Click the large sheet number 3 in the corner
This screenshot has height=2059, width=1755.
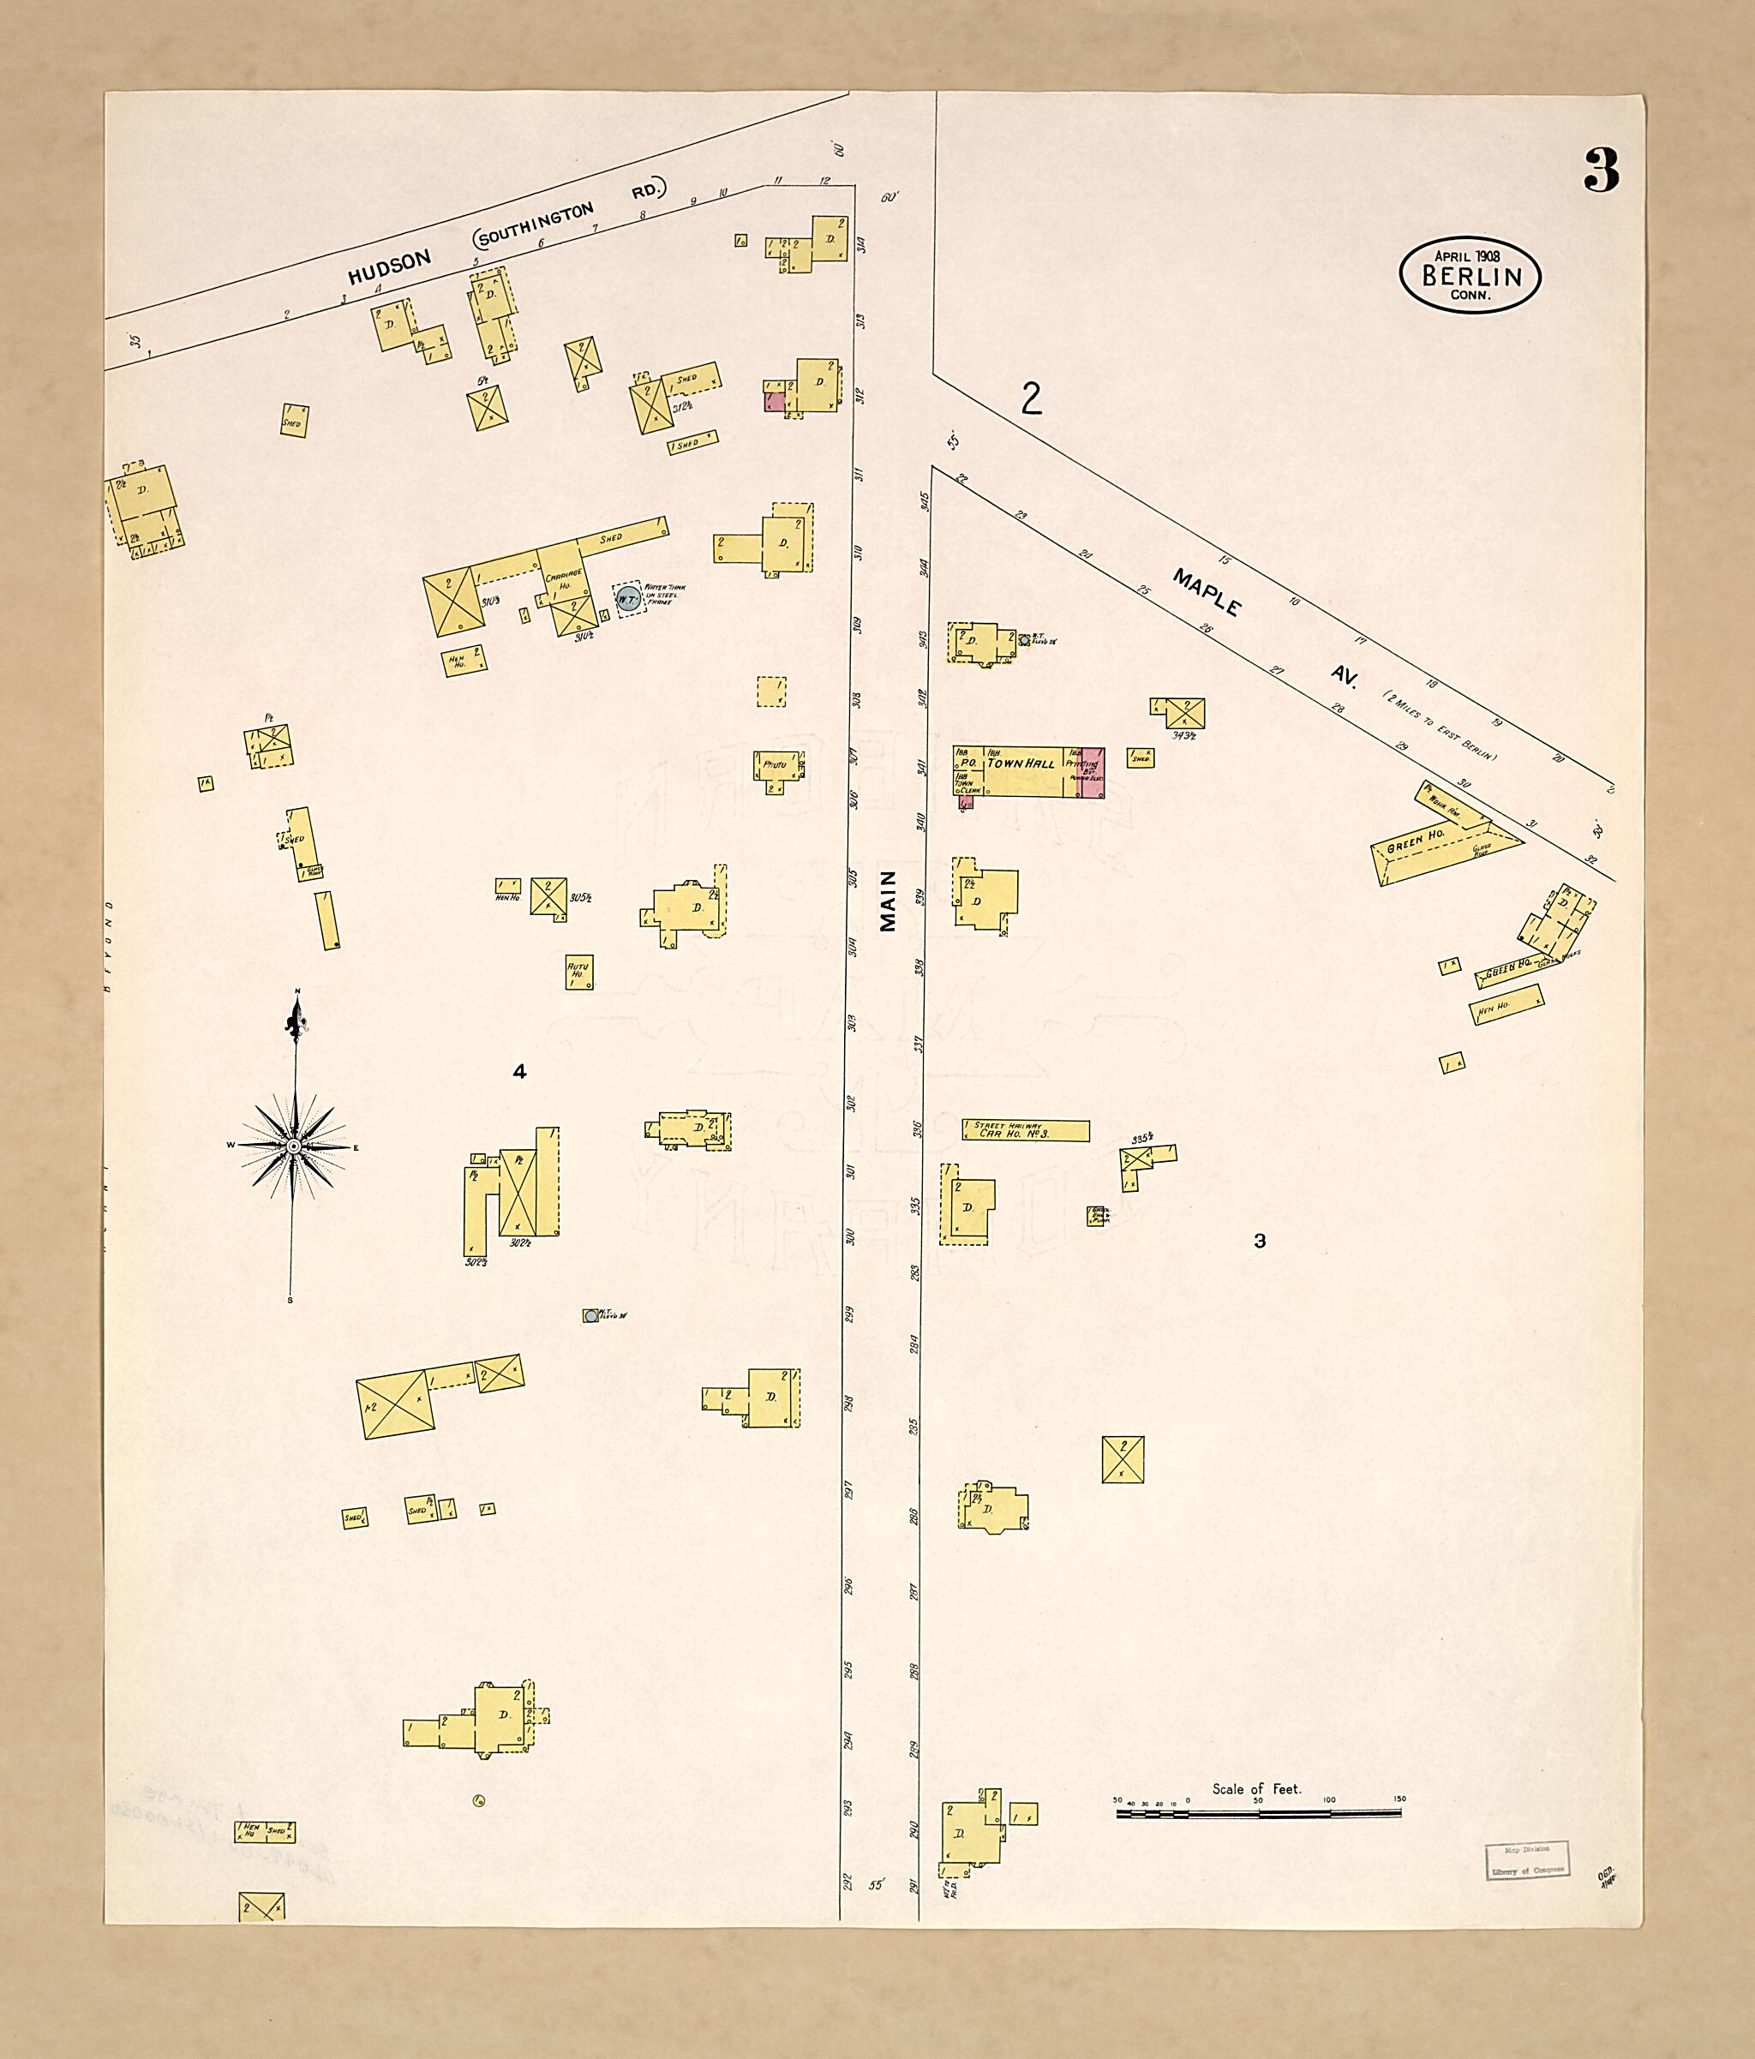tap(1601, 170)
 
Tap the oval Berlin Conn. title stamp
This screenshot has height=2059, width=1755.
tap(1469, 276)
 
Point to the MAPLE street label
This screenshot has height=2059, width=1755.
tap(1207, 592)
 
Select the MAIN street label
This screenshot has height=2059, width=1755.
tap(888, 901)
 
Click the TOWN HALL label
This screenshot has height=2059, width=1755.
tap(1020, 763)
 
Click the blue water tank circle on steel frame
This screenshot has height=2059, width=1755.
tap(627, 598)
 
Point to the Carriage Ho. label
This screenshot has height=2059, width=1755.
tap(560, 580)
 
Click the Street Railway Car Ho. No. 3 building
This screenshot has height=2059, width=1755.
tap(1025, 1130)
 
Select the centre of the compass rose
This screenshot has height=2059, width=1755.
tap(293, 1146)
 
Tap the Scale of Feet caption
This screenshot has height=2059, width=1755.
tap(1256, 1789)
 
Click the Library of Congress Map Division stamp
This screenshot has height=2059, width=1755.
tap(1527, 1858)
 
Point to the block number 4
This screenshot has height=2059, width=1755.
tap(518, 1071)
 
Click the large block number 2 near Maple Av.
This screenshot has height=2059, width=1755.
tap(1032, 399)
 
